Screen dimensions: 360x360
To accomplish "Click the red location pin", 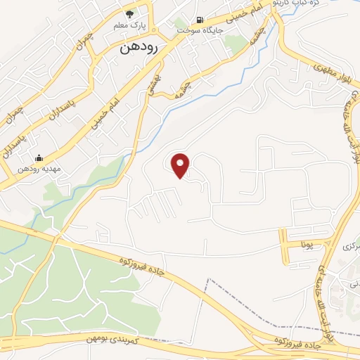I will point(181,165).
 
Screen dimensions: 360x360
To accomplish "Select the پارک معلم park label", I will point(129,26).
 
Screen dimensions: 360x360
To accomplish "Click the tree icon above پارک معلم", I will point(129,13).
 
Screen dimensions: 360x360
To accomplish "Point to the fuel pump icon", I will point(200,20).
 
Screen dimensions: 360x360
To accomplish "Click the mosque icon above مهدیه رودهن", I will point(39,157).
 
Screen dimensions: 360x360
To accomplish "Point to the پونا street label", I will point(306,245).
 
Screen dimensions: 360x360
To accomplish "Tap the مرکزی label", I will point(350,247).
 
